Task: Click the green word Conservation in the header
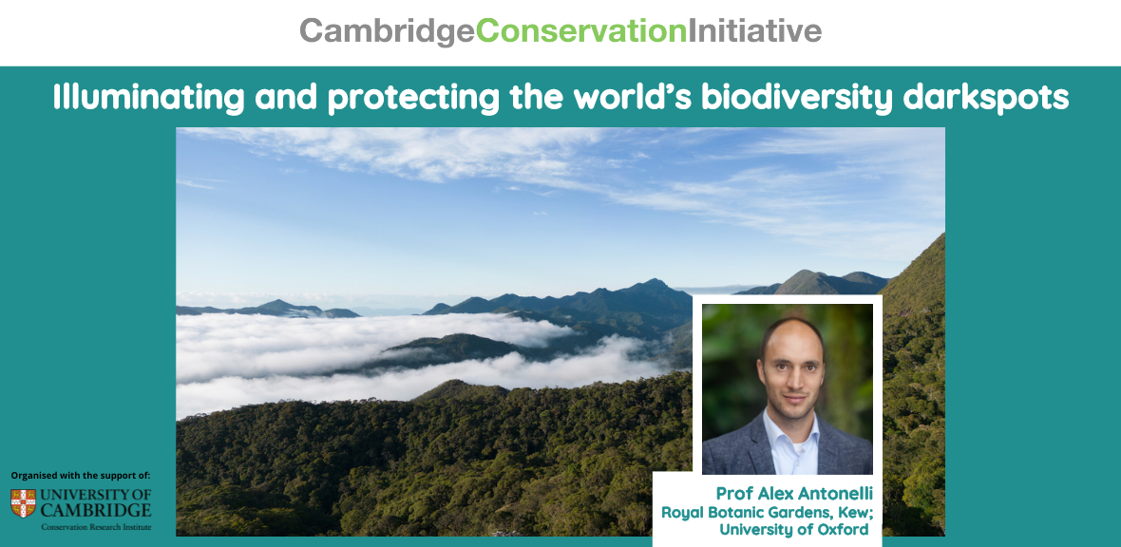(x=581, y=30)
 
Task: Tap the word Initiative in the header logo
(x=754, y=30)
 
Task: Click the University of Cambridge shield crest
(x=24, y=502)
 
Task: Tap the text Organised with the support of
(x=81, y=476)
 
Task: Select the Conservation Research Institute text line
(x=96, y=527)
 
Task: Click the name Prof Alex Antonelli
(x=794, y=494)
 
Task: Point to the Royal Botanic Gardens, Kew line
(x=767, y=512)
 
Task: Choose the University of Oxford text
(x=793, y=529)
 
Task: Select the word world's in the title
(x=635, y=98)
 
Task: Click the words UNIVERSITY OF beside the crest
(x=96, y=495)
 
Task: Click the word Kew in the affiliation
(x=857, y=512)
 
